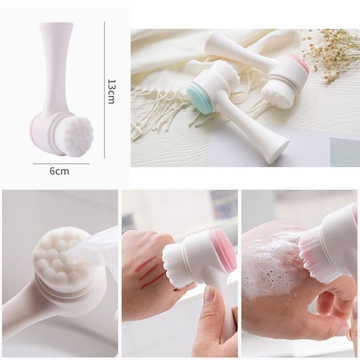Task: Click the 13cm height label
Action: tap(111, 92)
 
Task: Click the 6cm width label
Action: tap(59, 171)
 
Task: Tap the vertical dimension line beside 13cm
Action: tap(104, 90)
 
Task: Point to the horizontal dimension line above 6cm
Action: tap(61, 164)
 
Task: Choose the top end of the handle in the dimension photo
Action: tap(56, 24)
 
